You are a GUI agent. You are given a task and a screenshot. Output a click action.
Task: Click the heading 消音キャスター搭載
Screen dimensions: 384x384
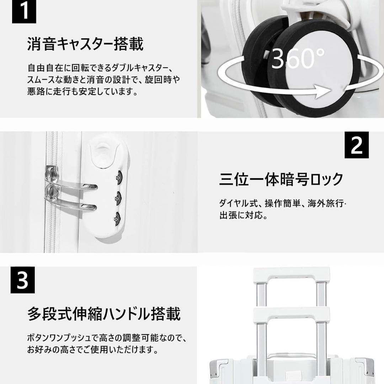(x=85, y=44)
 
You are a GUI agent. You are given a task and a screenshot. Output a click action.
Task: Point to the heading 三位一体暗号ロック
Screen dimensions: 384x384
(x=281, y=179)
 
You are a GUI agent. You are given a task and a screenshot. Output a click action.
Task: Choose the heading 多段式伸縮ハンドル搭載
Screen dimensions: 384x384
(x=104, y=314)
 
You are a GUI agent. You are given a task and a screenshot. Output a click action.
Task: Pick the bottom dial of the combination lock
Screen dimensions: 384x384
(x=117, y=217)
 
